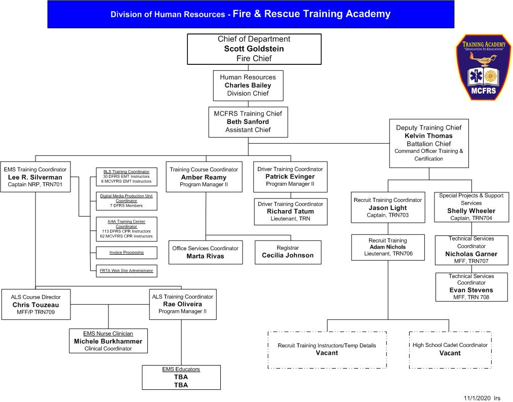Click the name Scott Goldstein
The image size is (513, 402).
click(254, 49)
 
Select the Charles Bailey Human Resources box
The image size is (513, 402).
click(248, 85)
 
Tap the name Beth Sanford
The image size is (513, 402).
click(248, 122)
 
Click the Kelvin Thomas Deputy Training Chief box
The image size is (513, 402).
click(428, 143)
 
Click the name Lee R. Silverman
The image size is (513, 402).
click(35, 177)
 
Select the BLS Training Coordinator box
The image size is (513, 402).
click(126, 176)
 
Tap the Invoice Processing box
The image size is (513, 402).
click(126, 252)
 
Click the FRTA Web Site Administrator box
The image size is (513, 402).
click(126, 271)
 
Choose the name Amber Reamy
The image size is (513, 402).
click(204, 177)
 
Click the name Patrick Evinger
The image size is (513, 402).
click(290, 176)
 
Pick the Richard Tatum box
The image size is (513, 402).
click(290, 211)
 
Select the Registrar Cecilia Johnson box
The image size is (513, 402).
click(288, 252)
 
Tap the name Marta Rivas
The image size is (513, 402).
click(205, 256)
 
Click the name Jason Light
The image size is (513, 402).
click(387, 208)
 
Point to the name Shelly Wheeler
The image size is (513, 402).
click(471, 211)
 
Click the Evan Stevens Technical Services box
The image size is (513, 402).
click(471, 287)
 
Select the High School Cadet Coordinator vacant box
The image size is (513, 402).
click(450, 349)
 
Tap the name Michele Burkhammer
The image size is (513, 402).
click(108, 341)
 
